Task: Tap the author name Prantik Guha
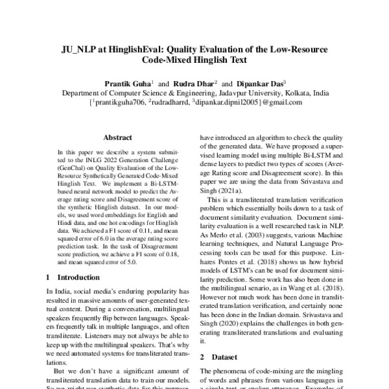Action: [x=128, y=84]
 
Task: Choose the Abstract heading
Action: [x=117, y=137]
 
